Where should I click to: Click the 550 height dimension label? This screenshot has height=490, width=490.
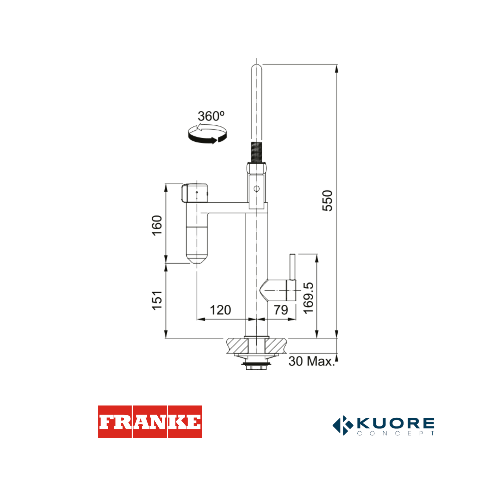coord(327,201)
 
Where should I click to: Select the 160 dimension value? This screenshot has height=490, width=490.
coord(157,225)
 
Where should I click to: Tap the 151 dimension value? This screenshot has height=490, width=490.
coord(157,300)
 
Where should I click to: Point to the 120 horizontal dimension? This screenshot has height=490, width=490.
coord(220,310)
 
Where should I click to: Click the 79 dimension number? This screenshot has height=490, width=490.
coord(281,310)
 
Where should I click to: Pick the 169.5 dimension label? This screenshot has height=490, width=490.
coord(309,298)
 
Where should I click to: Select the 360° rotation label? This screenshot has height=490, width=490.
coord(211,116)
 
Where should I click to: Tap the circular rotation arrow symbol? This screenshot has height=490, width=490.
coord(207,134)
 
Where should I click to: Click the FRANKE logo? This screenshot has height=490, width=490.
coord(150,422)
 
